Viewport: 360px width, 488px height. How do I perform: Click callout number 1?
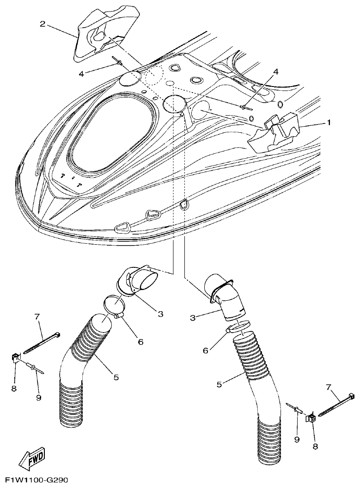[x=329, y=123]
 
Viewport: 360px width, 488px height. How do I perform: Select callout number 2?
[x=42, y=24]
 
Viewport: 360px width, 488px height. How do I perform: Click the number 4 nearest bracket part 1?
[x=276, y=72]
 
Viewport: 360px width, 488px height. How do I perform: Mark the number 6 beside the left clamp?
[x=140, y=342]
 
